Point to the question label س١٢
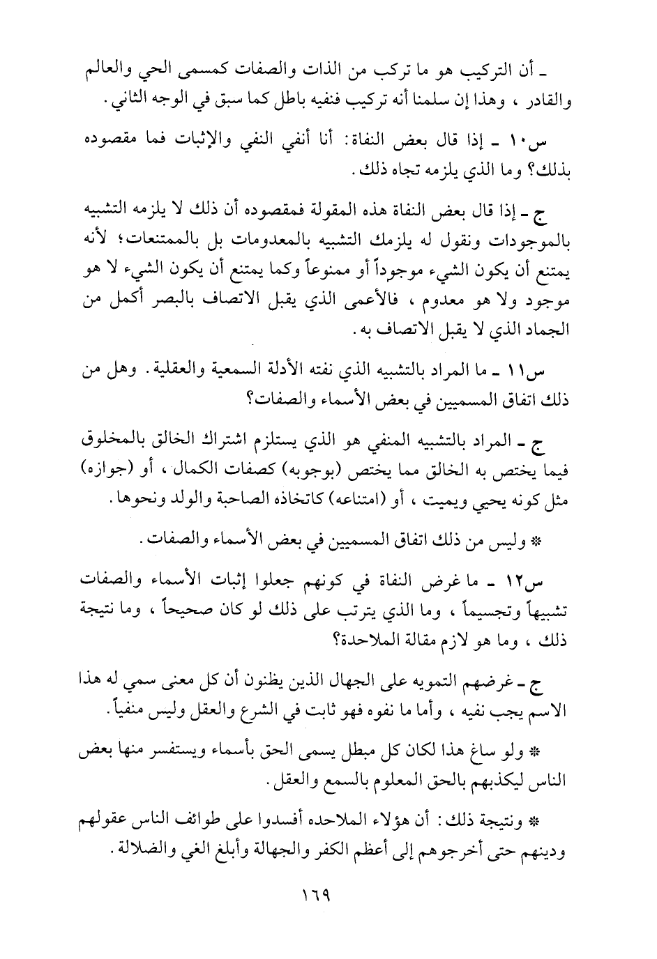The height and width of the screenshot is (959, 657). (x=549, y=580)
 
